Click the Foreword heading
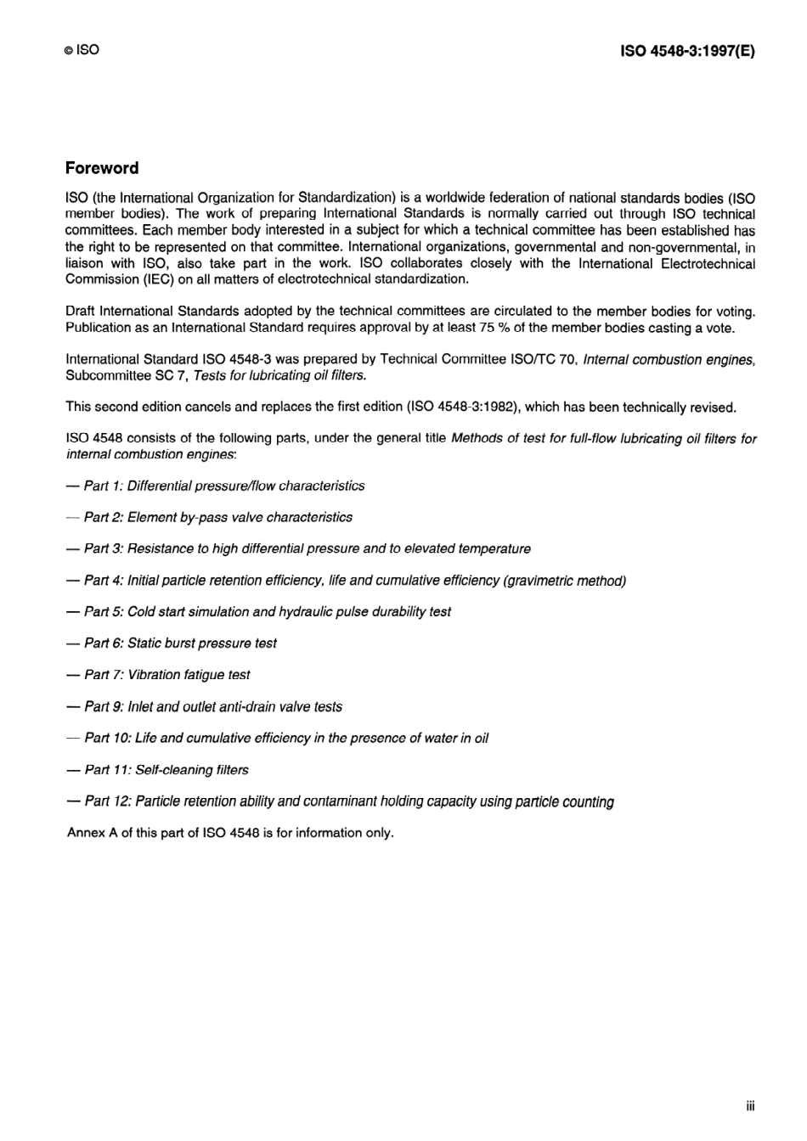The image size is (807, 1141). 102,168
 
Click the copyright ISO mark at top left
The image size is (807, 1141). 82,50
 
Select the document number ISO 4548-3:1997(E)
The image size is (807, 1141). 687,51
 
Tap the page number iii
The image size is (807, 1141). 750,1105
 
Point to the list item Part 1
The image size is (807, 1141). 224,486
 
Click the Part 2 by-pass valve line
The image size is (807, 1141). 217,517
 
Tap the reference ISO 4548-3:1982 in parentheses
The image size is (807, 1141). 462,407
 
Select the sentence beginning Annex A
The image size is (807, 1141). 230,833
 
